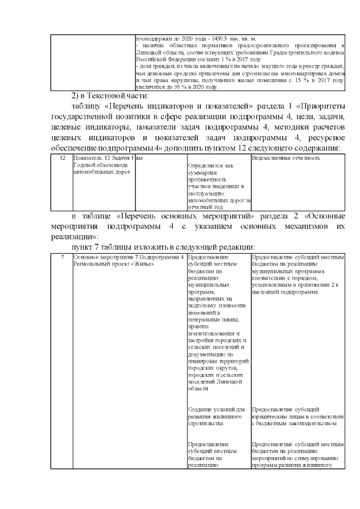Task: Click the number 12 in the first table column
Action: pos(62,158)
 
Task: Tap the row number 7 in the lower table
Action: pos(62,256)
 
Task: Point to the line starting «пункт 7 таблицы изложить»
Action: pos(163,247)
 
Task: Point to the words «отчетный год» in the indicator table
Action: pos(205,206)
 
